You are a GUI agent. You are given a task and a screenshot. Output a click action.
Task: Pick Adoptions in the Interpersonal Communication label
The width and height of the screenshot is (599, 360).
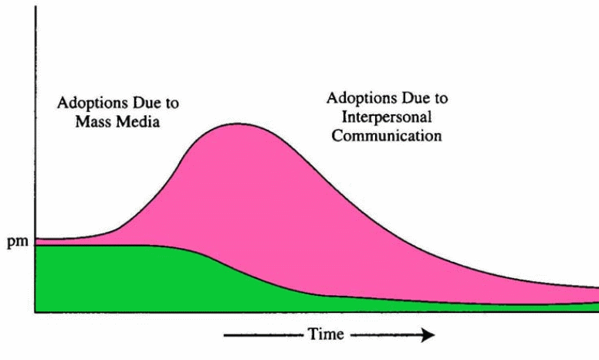coord(357,100)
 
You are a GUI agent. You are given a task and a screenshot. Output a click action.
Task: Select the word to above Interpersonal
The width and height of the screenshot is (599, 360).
coord(439,100)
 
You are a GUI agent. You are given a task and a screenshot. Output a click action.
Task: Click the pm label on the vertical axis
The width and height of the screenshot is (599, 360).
coord(16,243)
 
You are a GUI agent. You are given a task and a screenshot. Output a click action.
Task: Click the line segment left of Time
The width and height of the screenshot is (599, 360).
coord(262,335)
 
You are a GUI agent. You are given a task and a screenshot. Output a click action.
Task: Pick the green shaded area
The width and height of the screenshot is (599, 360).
coord(116,278)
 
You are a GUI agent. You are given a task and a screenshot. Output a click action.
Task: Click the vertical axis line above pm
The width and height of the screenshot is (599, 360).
coord(35,116)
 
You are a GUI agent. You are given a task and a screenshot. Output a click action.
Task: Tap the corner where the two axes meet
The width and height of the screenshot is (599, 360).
coord(35,311)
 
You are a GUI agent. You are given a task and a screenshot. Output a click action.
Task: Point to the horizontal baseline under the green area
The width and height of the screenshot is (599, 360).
coord(309,311)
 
